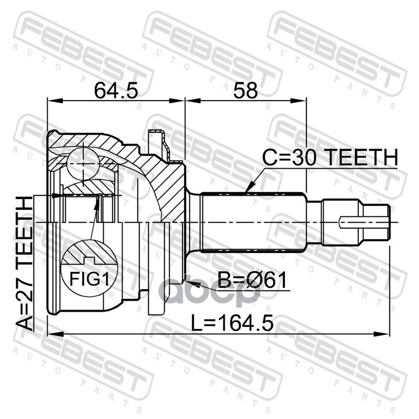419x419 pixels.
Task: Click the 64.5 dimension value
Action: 116,90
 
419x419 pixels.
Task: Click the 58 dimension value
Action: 245,90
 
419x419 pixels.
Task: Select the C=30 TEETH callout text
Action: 330,158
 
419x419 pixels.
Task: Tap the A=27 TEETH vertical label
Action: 25,263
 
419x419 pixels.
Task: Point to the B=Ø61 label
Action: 252,280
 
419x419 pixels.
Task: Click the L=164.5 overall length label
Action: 232,323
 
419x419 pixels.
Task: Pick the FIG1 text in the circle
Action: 90,279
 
